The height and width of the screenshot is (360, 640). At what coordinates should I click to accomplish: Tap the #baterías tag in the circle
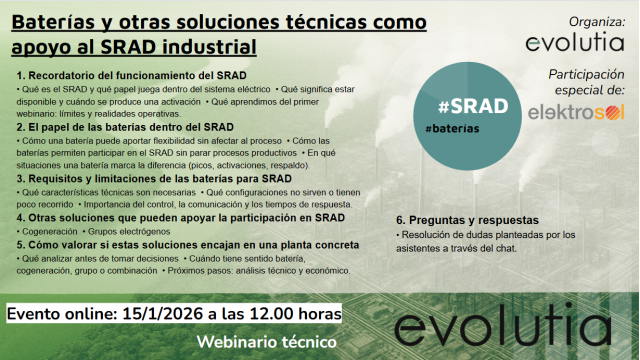click(x=451, y=131)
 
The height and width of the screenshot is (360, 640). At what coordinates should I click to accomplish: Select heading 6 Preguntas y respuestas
click(x=468, y=219)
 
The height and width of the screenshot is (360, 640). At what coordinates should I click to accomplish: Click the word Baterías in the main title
click(x=53, y=22)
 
